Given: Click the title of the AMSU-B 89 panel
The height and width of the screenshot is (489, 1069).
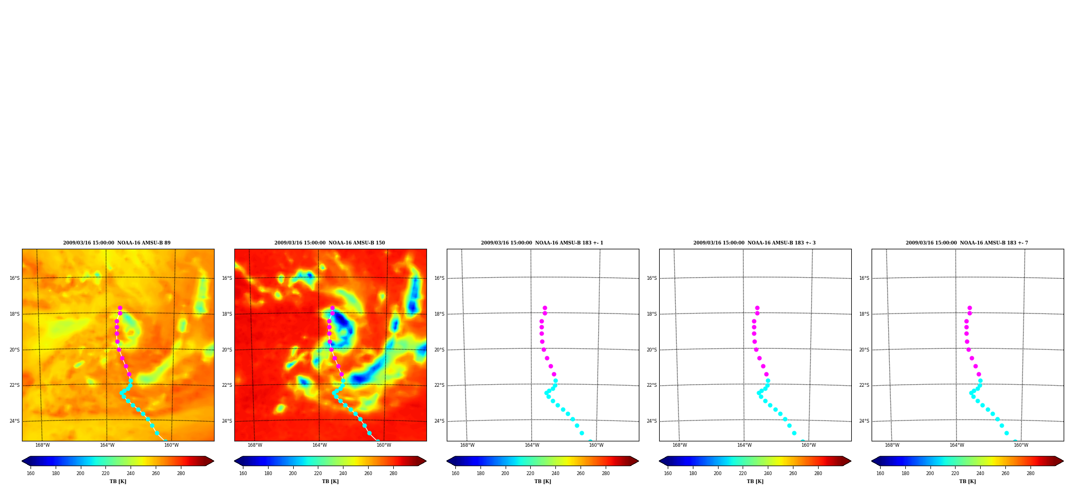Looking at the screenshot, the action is click(x=117, y=243).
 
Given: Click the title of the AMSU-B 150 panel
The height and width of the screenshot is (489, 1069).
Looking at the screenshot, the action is click(x=330, y=243).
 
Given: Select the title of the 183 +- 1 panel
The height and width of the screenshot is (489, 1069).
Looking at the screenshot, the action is click(x=542, y=243).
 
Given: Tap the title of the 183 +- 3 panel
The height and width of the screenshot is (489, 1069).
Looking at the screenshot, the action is click(x=754, y=243).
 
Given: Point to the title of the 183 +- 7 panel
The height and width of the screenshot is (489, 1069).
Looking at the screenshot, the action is click(x=967, y=243).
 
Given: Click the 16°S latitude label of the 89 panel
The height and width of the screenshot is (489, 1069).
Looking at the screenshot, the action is click(x=14, y=278).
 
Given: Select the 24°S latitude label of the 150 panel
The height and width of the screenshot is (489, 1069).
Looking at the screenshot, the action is click(x=227, y=421).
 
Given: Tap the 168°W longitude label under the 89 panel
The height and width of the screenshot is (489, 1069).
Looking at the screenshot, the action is click(x=42, y=445).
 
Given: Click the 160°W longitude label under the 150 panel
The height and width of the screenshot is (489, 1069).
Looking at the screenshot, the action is click(x=384, y=445).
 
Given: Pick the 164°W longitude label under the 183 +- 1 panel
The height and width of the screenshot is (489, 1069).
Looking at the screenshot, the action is click(x=532, y=445).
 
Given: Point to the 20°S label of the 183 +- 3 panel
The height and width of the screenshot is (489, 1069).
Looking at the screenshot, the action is click(x=652, y=350).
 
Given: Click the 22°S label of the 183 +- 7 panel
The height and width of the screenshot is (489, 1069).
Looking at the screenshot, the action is click(x=864, y=385).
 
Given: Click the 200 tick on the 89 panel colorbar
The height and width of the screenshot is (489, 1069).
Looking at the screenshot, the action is click(x=80, y=473).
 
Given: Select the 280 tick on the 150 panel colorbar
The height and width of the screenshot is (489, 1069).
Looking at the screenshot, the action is click(x=393, y=473).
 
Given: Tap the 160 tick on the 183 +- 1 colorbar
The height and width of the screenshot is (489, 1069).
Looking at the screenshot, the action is click(x=455, y=473).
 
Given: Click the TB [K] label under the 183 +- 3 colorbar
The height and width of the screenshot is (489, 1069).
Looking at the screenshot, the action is click(x=755, y=482).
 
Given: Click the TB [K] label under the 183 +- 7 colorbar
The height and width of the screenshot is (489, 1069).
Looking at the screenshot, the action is click(x=967, y=482).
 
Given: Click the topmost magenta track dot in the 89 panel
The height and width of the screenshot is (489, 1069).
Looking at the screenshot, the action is click(x=120, y=308).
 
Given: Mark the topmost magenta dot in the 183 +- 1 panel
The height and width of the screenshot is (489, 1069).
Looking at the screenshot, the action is click(x=545, y=308).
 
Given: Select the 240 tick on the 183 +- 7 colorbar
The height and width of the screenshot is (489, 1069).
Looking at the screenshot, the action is click(x=980, y=473).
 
